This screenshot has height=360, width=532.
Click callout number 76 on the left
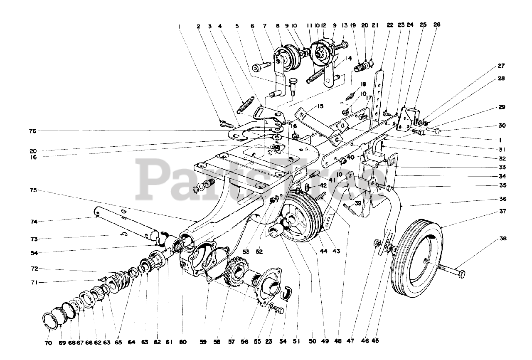tap(32, 131)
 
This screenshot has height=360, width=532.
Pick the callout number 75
tap(33, 190)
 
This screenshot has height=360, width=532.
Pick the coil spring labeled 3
tap(246, 104)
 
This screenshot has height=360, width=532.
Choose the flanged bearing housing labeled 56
tap(268, 287)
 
